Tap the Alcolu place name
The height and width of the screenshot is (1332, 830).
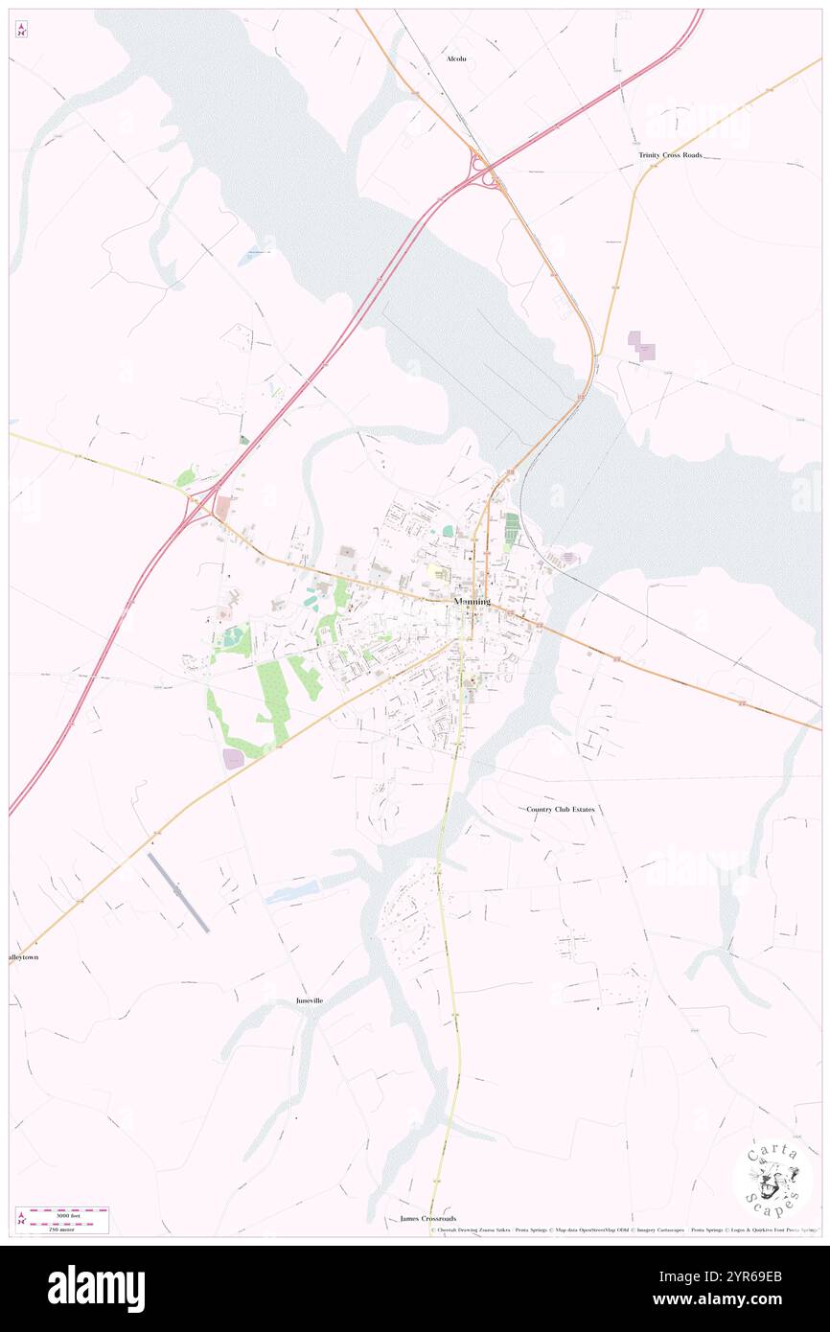coord(457,58)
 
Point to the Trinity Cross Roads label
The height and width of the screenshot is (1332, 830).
coord(671,154)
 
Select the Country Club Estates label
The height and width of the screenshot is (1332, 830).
coord(561,809)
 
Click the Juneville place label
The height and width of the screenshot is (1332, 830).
coord(310,1000)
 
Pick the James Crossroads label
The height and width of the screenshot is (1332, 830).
coord(428,1218)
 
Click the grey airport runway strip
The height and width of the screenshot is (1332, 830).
coord(179,891)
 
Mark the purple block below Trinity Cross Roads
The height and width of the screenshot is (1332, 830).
coord(640,345)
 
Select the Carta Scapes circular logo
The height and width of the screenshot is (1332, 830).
coord(772,1179)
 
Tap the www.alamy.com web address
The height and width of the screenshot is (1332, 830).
coord(751,1300)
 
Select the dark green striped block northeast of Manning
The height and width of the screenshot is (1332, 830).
coord(511,530)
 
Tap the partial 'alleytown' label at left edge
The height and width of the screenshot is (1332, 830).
coord(23,957)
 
